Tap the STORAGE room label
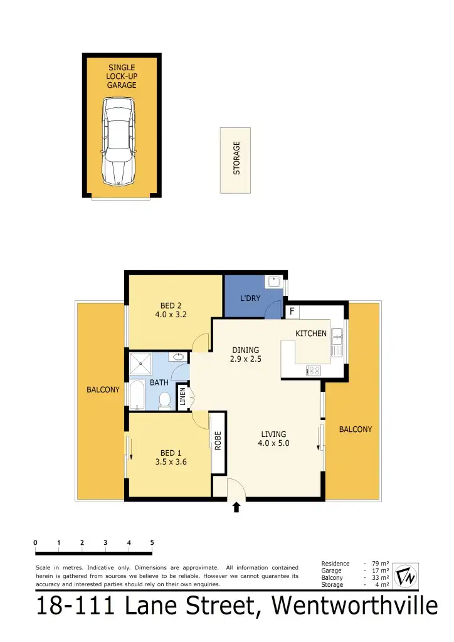(x=236, y=158)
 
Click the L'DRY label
(x=250, y=298)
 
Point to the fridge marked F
(x=292, y=311)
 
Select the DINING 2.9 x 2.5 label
(x=246, y=355)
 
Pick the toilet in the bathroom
(x=166, y=400)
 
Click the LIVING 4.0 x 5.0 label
(x=273, y=438)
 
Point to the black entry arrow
(x=236, y=507)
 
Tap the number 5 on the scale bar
(x=152, y=543)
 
